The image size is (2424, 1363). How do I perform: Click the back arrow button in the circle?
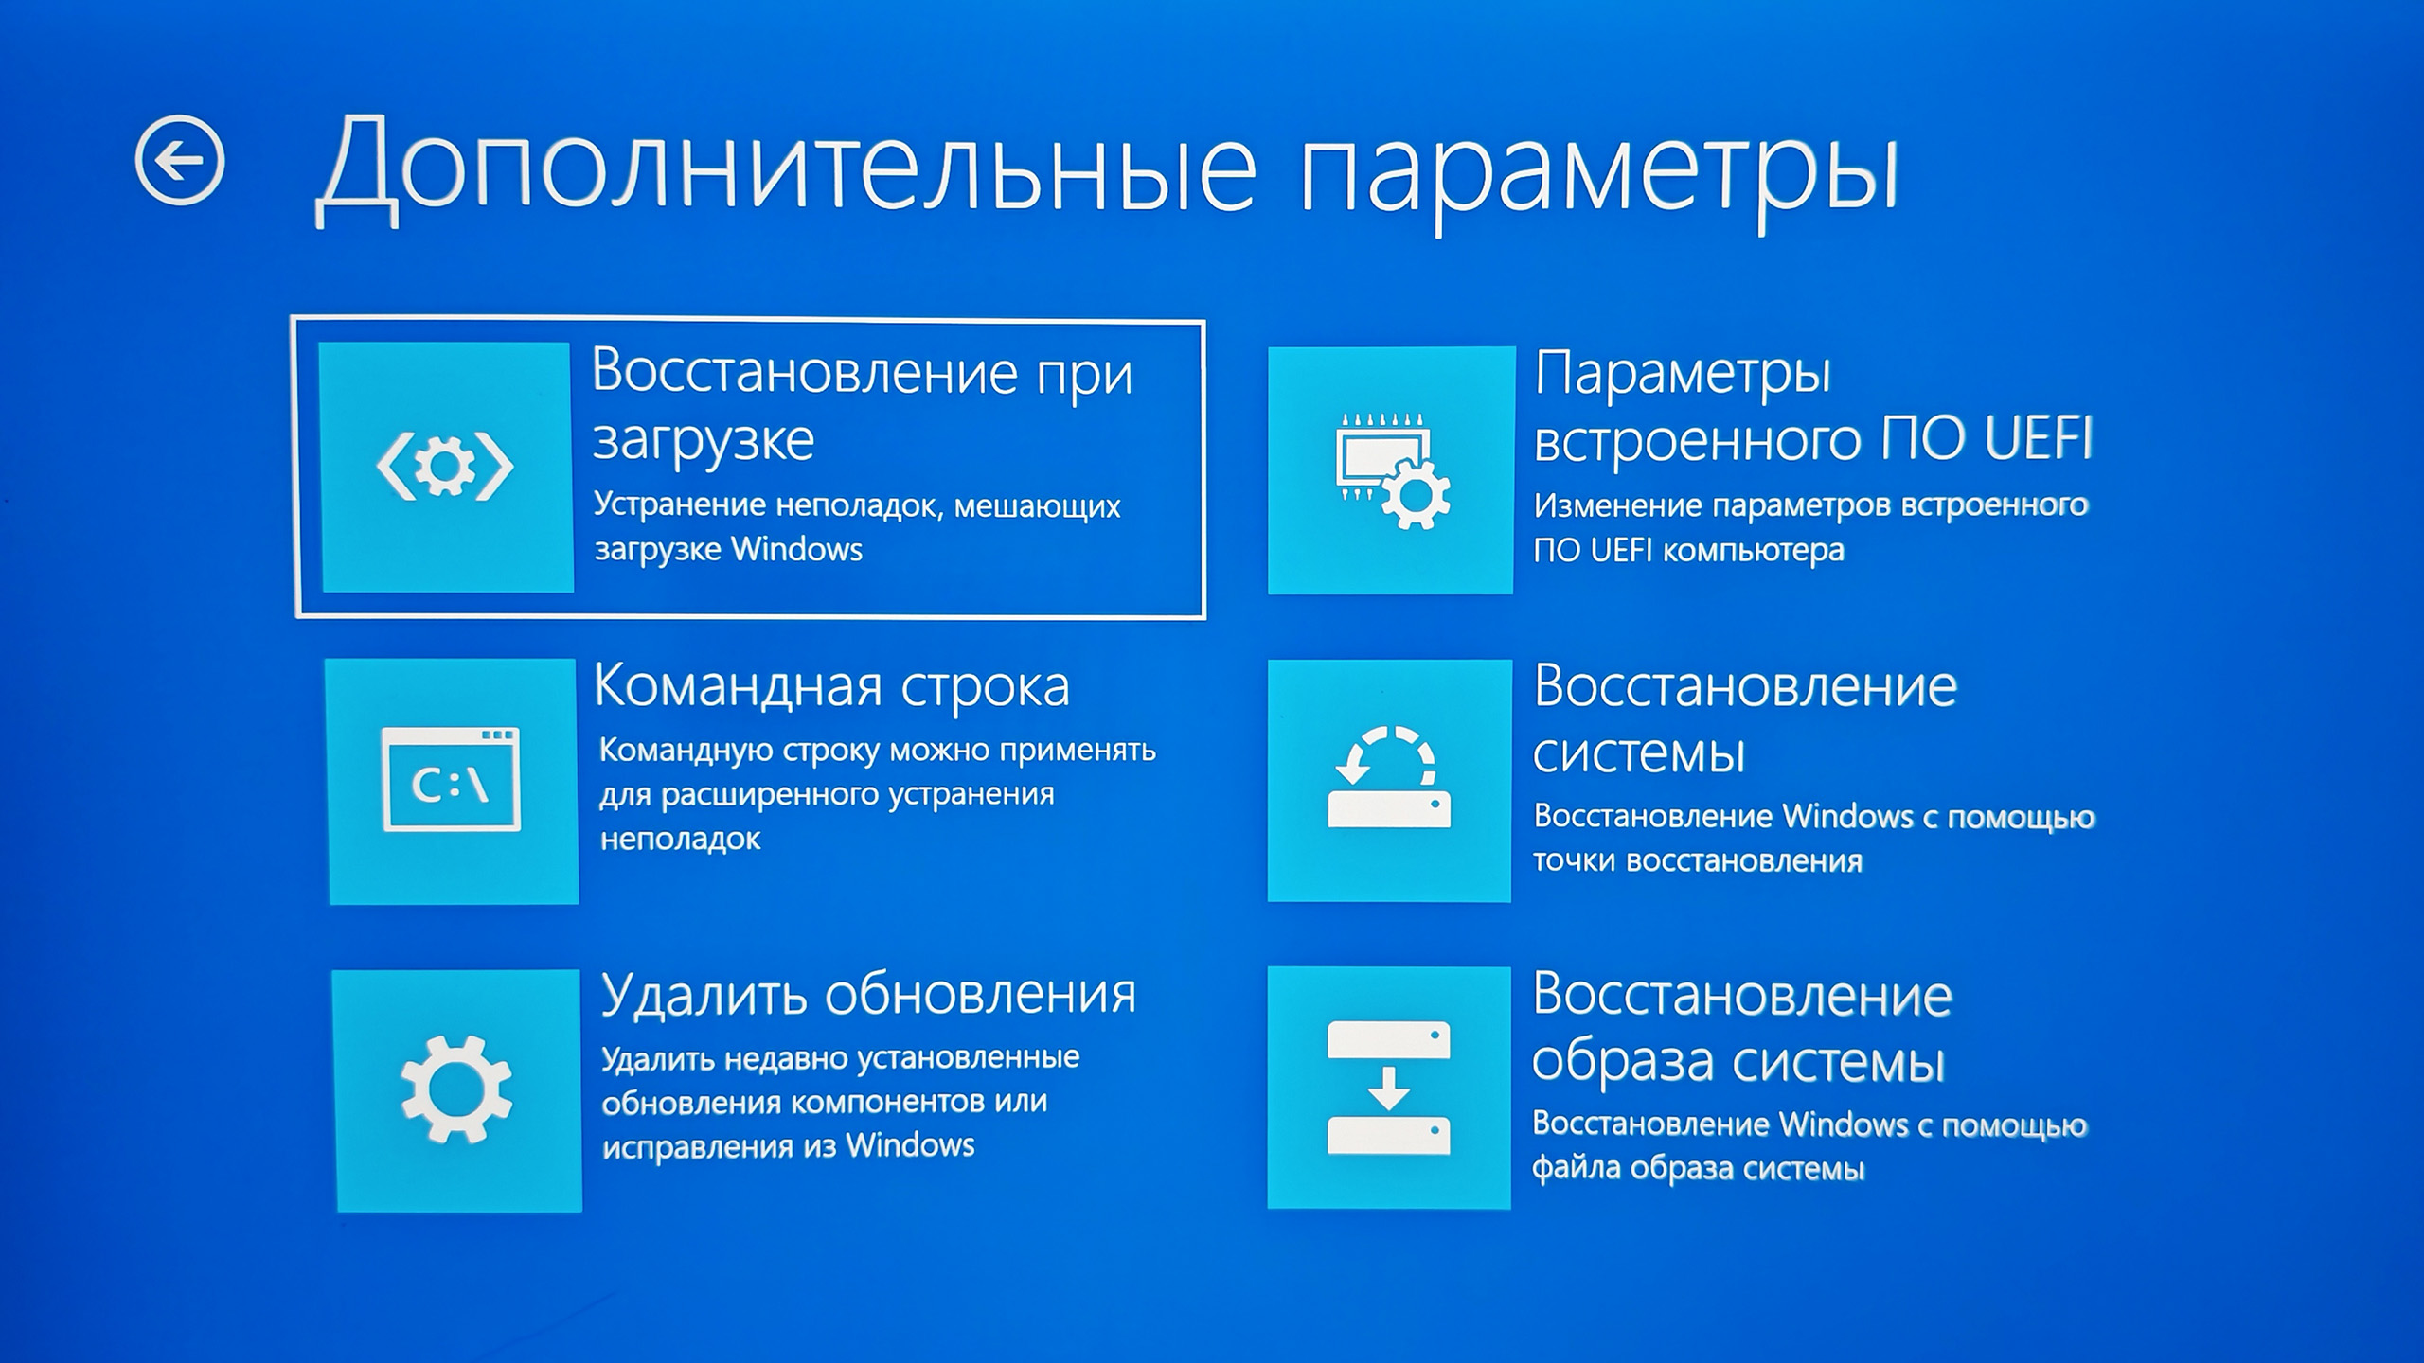(x=180, y=161)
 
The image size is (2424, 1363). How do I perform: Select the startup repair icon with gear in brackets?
(x=445, y=466)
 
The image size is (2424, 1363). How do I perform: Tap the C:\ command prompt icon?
(x=451, y=780)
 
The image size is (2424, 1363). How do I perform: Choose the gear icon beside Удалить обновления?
(x=456, y=1089)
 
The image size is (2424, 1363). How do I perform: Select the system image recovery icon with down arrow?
(x=1389, y=1088)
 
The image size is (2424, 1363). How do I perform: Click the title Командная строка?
(x=831, y=687)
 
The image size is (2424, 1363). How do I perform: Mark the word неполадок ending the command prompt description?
(x=681, y=840)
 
